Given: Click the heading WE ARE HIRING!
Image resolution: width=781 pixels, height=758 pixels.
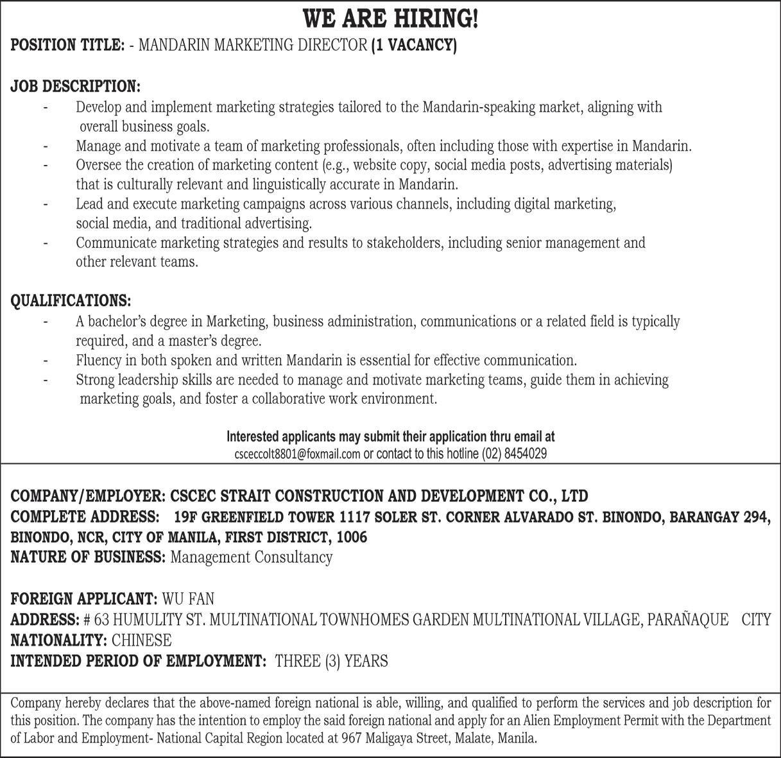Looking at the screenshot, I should [x=390, y=19].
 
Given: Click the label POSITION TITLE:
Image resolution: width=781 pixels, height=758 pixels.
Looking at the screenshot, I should [x=67, y=46].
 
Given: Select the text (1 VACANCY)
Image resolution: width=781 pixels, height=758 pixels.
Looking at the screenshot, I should [x=414, y=46].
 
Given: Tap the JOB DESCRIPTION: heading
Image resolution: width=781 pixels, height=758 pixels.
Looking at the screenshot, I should [x=75, y=86].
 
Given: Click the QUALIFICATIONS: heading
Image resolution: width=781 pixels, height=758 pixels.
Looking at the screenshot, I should [x=71, y=300].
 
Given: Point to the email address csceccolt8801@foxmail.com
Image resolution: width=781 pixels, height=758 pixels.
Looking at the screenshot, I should [x=297, y=454].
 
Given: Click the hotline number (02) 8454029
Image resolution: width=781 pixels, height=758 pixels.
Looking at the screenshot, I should [x=514, y=454].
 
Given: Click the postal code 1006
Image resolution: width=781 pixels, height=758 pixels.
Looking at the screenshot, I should [x=352, y=537].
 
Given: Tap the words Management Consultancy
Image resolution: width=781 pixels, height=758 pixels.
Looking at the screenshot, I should [x=251, y=557].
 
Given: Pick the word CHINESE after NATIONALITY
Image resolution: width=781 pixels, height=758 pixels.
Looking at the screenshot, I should [x=141, y=641].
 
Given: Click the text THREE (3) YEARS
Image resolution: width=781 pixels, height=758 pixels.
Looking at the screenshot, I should [x=331, y=661].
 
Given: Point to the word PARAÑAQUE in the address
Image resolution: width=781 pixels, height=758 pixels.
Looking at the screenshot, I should [x=687, y=620].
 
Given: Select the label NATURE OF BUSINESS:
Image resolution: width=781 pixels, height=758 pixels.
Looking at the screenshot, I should [x=88, y=557].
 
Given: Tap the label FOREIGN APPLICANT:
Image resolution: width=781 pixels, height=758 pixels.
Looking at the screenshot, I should [x=84, y=599].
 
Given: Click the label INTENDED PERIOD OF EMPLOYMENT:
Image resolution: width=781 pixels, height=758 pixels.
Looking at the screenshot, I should [x=138, y=661].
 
